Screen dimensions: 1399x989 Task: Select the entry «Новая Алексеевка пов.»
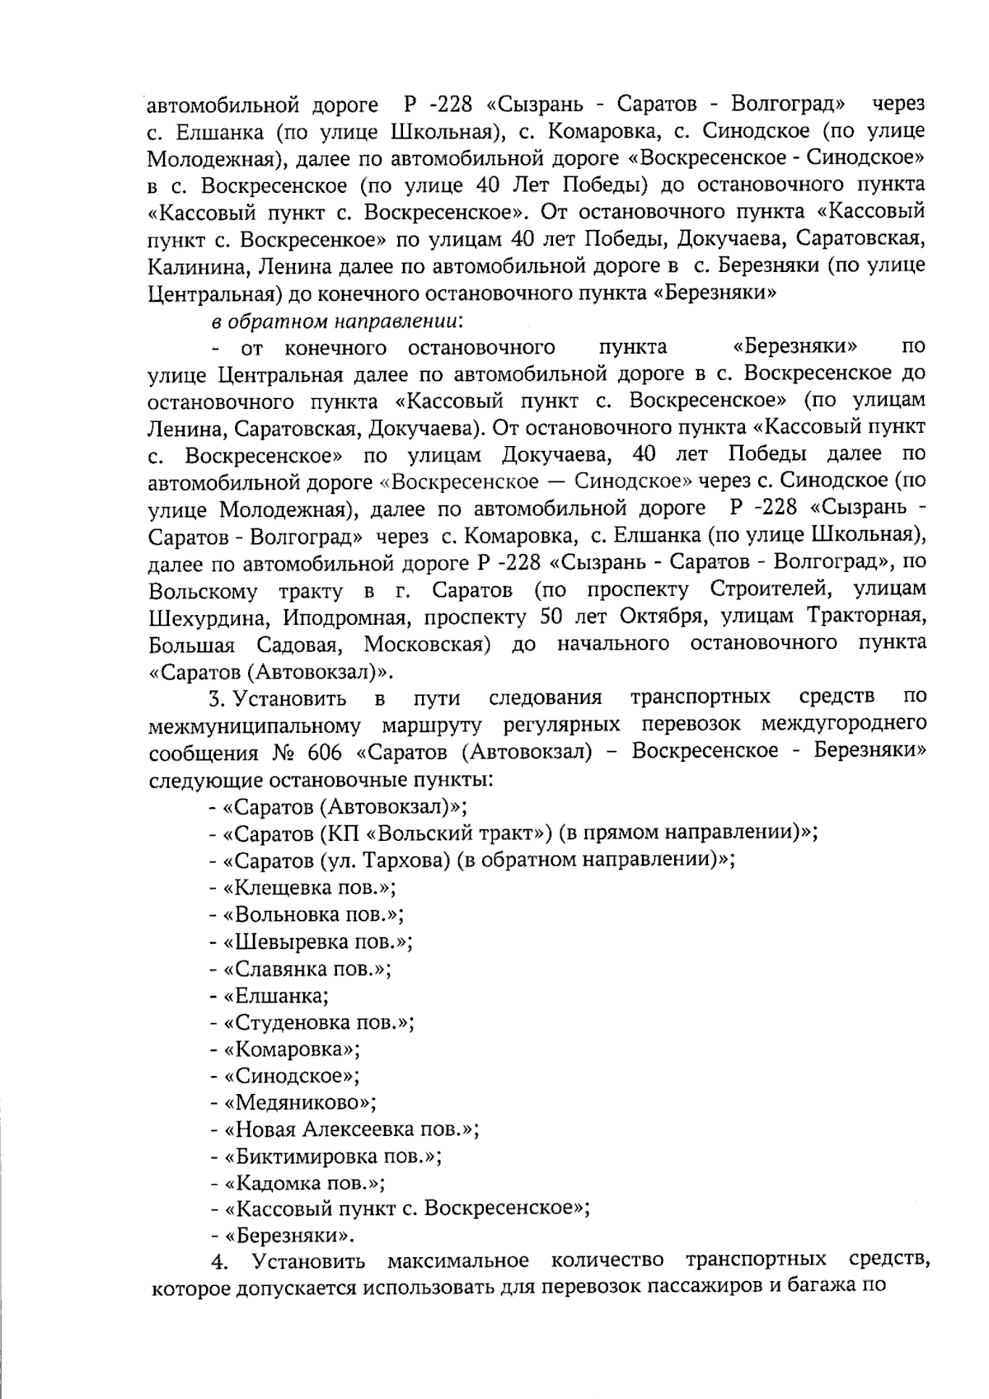tap(345, 1129)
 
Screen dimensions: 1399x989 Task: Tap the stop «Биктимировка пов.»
tap(326, 1156)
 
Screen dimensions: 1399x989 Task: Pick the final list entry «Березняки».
tap(284, 1236)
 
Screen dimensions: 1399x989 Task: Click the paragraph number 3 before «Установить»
tap(216, 699)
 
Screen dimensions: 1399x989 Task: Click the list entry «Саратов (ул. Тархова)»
tap(472, 860)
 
